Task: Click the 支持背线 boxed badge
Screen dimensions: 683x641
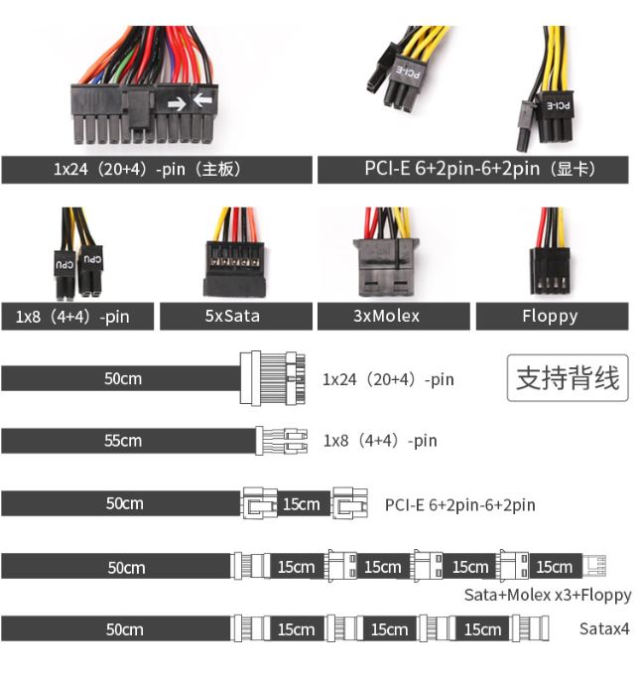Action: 568,377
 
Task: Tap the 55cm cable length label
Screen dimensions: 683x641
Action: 123,441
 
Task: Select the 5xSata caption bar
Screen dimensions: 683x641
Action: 236,317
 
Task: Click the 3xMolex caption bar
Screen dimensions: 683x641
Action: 394,317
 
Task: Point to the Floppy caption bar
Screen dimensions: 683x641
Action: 550,317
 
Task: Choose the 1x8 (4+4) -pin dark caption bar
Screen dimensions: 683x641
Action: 78,317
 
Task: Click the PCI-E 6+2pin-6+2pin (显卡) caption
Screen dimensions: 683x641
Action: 472,169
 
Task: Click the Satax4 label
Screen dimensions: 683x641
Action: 603,628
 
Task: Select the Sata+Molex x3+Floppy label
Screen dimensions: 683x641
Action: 547,595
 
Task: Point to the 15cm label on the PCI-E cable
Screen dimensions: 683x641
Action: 301,504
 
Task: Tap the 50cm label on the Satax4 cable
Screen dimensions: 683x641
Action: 125,629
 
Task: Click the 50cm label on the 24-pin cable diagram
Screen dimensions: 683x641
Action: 123,378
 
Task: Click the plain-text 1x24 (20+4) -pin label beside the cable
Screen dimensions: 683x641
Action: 388,378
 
